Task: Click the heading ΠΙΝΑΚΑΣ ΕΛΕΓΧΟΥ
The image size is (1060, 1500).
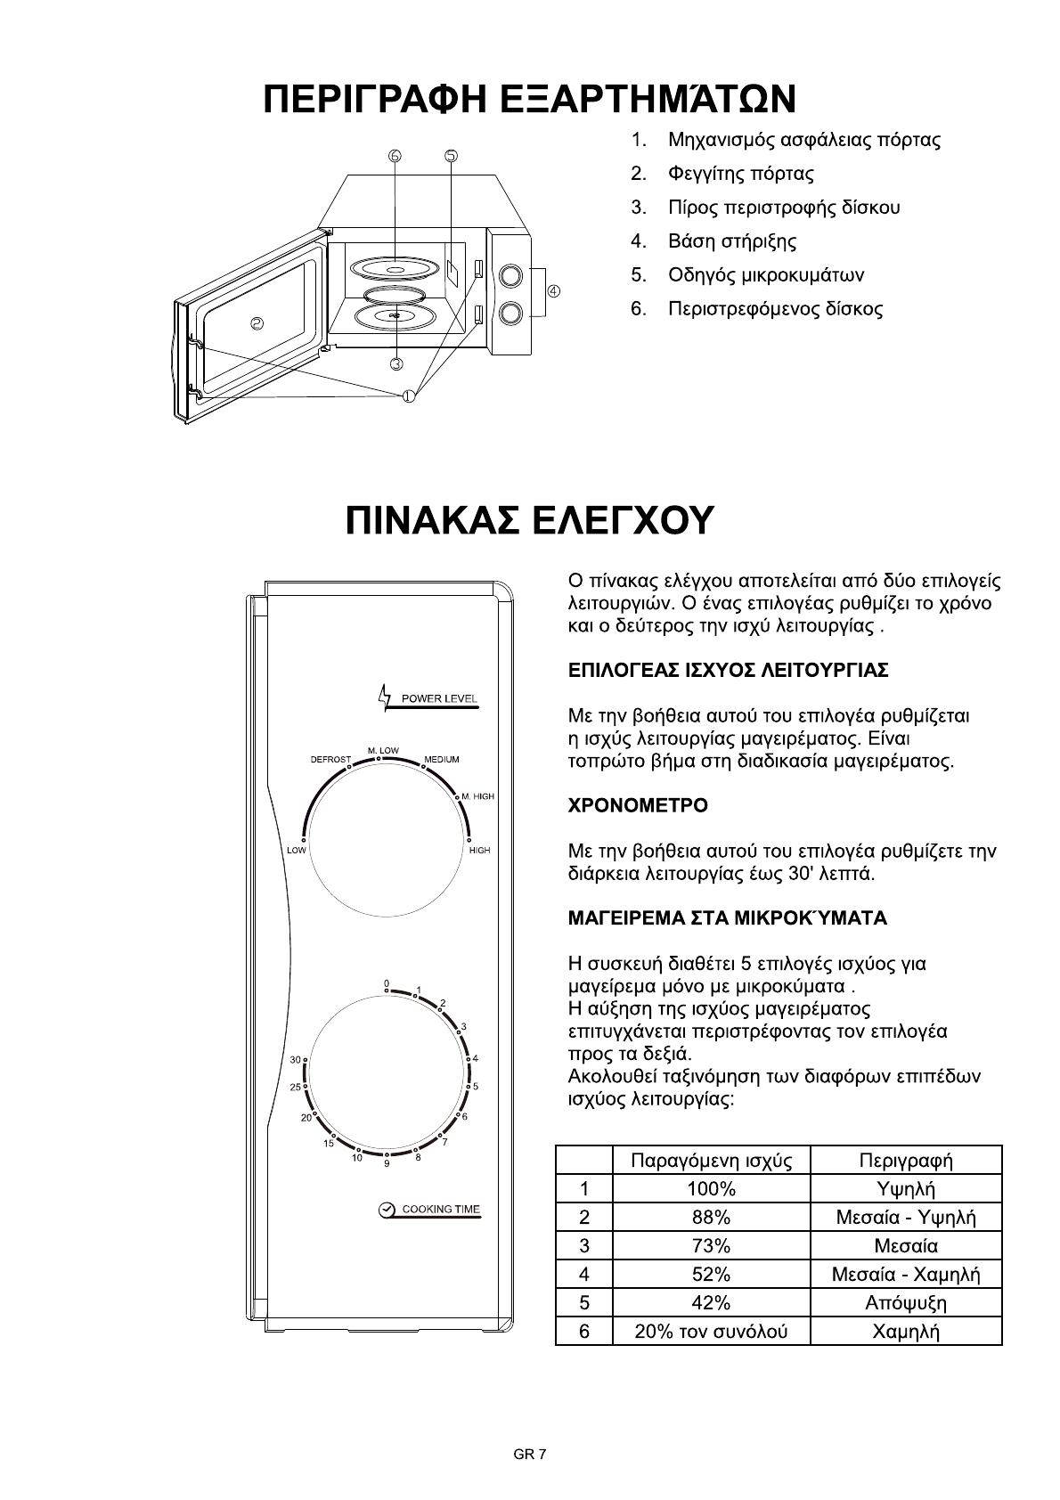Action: (530, 521)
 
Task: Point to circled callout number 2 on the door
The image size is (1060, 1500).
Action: (257, 323)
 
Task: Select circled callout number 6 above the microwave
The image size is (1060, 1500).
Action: (395, 156)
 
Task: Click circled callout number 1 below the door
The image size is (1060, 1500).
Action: (408, 396)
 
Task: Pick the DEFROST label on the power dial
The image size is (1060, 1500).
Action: (330, 760)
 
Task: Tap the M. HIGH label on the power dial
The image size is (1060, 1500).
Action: (478, 795)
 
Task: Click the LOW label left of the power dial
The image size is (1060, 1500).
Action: (297, 851)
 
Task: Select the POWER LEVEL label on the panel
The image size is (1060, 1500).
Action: (439, 697)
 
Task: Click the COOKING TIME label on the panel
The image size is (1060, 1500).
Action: (440, 1210)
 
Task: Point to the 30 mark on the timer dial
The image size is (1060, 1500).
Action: (296, 1060)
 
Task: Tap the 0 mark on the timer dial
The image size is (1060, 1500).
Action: (387, 983)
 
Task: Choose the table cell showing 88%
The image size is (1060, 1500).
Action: (711, 1217)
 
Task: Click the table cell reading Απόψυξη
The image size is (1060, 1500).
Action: (906, 1302)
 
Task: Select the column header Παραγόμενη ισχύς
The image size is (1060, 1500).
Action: (711, 1161)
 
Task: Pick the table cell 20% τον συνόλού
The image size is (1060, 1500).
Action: (711, 1332)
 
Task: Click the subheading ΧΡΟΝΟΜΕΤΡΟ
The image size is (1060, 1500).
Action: (638, 806)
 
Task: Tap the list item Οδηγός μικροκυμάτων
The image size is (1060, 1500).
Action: (766, 275)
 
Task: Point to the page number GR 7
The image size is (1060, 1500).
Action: (529, 1455)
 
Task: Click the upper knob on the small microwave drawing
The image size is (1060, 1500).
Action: (510, 274)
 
